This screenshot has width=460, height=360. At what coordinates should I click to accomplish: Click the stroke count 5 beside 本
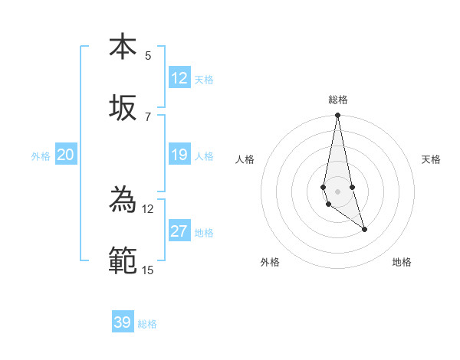[148, 55]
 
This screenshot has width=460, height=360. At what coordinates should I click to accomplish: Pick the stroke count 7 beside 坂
[148, 116]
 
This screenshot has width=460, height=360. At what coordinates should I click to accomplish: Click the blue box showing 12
[179, 78]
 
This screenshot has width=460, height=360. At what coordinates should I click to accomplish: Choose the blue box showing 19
[179, 155]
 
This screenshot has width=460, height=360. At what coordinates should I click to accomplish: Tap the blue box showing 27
[179, 232]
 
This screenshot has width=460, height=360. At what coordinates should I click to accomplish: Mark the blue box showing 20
[66, 155]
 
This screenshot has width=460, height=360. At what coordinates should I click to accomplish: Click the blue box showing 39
[123, 322]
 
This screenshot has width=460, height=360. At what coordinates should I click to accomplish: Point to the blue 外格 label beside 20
[41, 156]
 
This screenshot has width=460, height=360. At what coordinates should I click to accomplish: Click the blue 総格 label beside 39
[147, 324]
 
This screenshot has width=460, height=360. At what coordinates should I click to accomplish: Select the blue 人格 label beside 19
[204, 156]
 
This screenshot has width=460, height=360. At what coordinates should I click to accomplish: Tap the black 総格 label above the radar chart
[338, 100]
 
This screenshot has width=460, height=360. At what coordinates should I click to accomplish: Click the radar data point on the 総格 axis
[337, 116]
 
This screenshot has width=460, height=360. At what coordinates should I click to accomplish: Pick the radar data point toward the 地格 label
[364, 229]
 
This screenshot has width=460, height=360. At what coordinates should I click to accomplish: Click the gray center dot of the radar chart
[337, 191]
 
